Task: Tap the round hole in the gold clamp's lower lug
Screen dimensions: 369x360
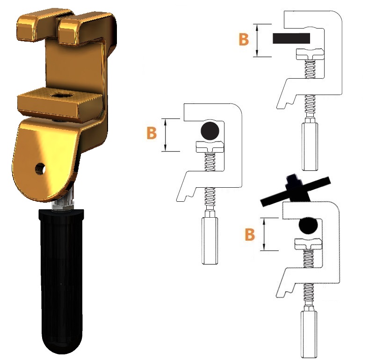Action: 40,169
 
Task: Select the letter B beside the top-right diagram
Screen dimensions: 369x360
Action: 244,40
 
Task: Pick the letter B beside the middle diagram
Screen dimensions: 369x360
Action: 152,133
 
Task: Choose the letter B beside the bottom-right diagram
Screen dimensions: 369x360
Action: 250,234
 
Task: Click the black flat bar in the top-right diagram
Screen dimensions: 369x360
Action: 291,38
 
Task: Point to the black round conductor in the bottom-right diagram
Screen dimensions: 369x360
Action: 308,225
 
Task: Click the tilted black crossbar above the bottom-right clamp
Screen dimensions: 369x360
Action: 296,191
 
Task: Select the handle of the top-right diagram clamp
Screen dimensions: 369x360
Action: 310,146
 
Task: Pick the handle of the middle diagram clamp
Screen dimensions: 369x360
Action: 210,240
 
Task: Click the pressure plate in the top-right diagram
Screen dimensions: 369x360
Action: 310,54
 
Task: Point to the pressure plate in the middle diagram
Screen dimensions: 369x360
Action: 210,147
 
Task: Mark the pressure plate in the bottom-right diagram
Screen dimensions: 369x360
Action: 308,243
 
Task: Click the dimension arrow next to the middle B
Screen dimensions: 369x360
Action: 166,135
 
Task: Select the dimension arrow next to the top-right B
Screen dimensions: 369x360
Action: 257,40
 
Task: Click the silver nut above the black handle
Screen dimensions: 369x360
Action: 63,205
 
